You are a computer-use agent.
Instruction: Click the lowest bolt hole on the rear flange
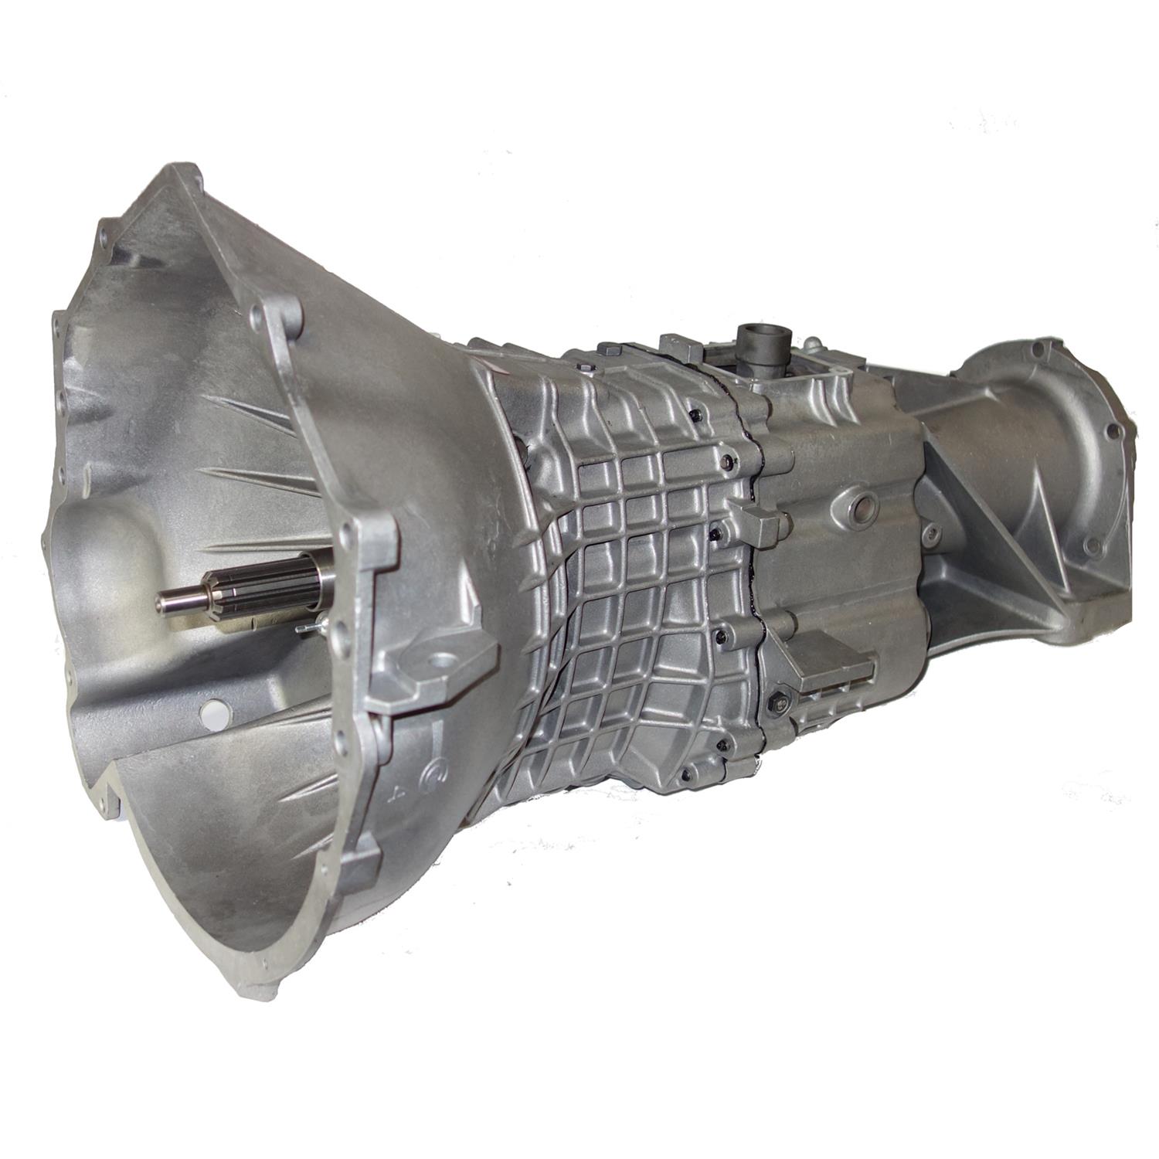(1091, 546)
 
